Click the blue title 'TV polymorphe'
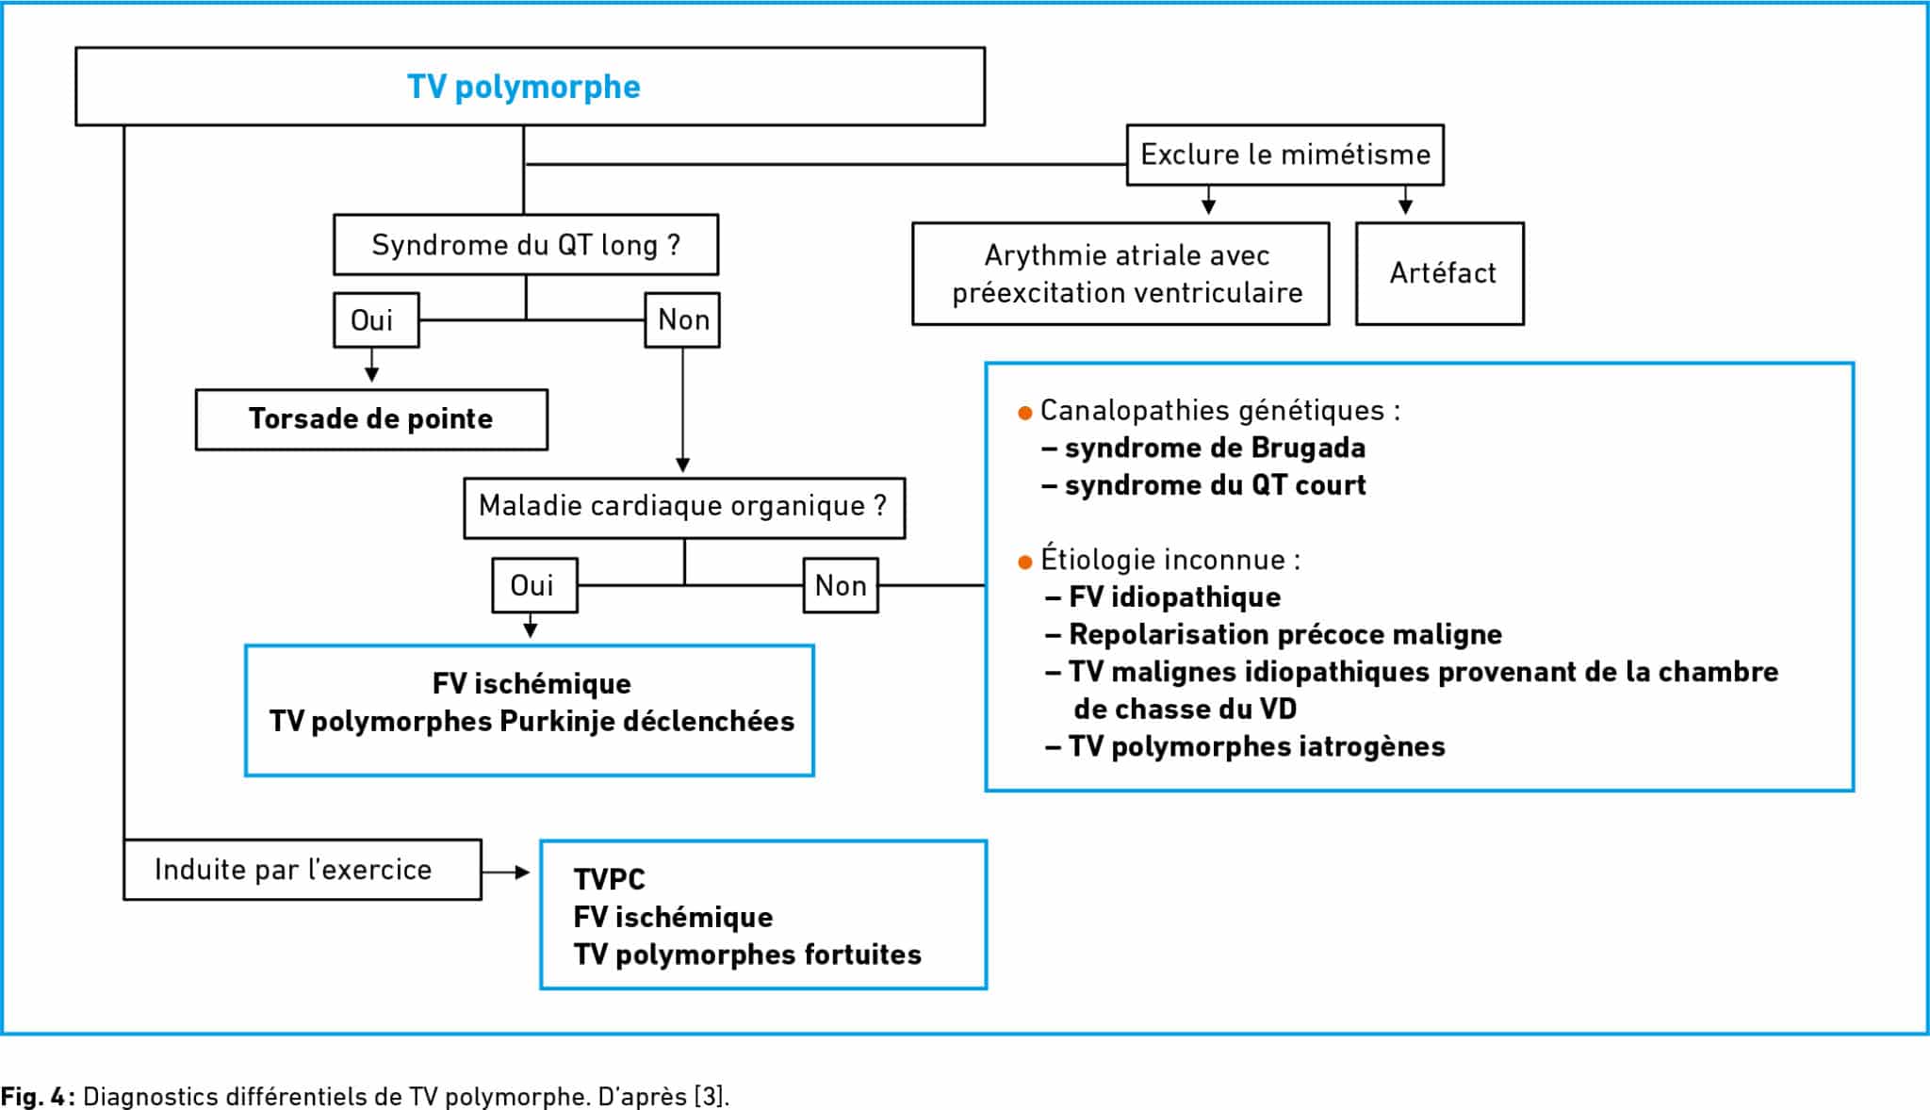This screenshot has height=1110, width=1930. point(524,87)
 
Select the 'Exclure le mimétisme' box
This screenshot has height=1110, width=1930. point(1284,155)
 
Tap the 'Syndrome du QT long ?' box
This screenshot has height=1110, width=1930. point(526,245)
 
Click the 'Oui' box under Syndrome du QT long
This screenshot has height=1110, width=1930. point(376,320)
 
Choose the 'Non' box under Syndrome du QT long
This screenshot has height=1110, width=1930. point(682,320)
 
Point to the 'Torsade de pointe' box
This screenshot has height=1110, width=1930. point(371,419)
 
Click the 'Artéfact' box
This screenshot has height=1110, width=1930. point(1440,273)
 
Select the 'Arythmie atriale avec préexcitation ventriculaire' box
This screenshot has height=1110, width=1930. point(1120,273)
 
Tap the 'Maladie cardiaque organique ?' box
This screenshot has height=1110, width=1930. point(684,508)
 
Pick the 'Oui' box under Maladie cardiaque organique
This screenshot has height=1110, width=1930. point(534,585)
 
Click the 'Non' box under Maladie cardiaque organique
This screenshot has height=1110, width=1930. point(841,585)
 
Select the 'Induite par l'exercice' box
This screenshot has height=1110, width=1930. point(303,870)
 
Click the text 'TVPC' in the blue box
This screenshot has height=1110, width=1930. point(609,879)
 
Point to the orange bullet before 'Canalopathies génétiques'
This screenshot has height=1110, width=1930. point(1025,413)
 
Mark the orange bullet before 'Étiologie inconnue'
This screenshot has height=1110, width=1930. point(1025,563)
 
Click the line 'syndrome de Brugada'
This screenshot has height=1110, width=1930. point(1215,448)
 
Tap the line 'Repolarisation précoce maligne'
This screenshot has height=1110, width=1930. point(1285,634)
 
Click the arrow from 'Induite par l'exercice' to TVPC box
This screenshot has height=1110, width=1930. point(506,872)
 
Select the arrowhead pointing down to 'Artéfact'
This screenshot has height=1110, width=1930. point(1405,206)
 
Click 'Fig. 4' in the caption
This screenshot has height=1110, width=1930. point(33,1097)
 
